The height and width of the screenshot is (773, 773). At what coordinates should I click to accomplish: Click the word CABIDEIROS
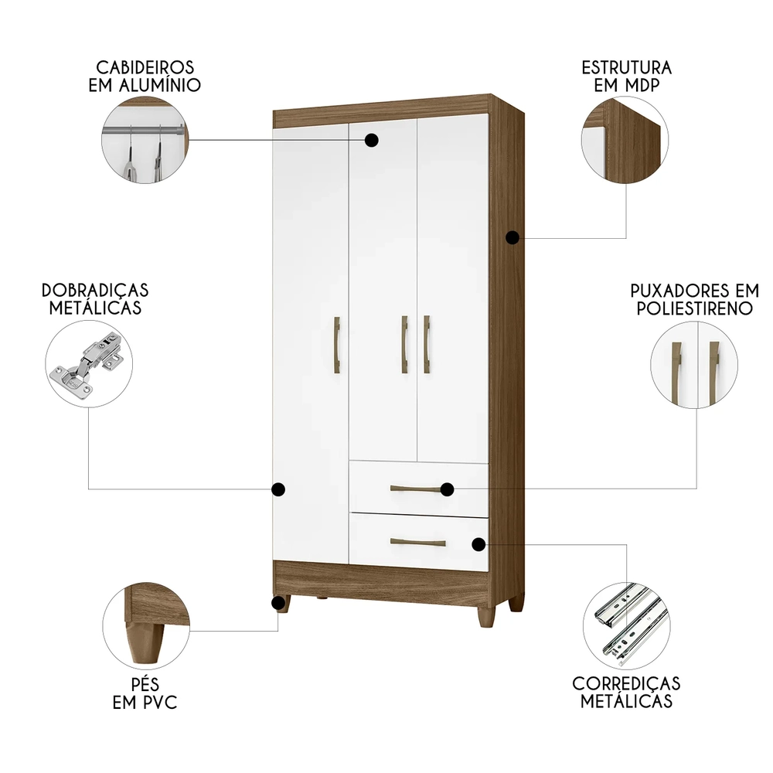pyautogui.click(x=145, y=67)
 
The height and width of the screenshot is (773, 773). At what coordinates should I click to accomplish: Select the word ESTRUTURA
pyautogui.click(x=626, y=67)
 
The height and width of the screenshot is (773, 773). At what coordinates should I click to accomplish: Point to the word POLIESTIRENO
pyautogui.click(x=695, y=308)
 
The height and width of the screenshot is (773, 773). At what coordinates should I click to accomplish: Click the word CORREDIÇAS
pyautogui.click(x=626, y=683)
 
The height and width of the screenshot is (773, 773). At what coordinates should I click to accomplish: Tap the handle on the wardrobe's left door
pyautogui.click(x=336, y=345)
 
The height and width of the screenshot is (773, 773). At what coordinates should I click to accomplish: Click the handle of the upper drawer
pyautogui.click(x=418, y=489)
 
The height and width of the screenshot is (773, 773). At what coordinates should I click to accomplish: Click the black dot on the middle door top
pyautogui.click(x=372, y=140)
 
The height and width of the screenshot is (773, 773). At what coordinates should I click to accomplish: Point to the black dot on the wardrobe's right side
pyautogui.click(x=512, y=238)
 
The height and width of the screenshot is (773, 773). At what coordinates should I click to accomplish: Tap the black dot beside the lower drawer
pyautogui.click(x=478, y=544)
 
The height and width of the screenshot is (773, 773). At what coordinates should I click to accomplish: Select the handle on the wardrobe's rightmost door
pyautogui.click(x=427, y=344)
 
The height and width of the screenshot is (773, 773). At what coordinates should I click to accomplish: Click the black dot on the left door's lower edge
pyautogui.click(x=279, y=489)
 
